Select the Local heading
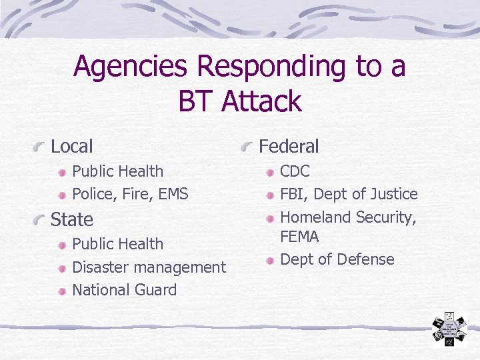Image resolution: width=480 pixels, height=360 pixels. click(71, 146)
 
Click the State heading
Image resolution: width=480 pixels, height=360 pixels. click(71, 219)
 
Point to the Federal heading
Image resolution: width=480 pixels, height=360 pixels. click(288, 146)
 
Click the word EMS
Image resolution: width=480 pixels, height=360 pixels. click(172, 194)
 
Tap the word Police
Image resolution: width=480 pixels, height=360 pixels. click(92, 194)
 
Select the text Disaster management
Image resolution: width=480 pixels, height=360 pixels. click(149, 267)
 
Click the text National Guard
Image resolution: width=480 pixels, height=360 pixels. click(124, 290)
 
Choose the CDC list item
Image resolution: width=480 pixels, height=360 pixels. click(295, 171)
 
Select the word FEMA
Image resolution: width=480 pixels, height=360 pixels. click(299, 237)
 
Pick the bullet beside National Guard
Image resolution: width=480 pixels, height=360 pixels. click(61, 291)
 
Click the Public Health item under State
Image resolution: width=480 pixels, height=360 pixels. click(117, 244)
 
